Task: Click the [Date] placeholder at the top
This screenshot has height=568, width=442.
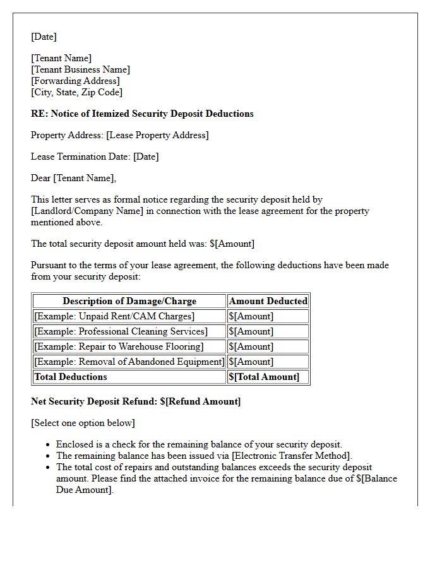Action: tap(44, 37)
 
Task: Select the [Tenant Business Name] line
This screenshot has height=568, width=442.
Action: tap(80, 69)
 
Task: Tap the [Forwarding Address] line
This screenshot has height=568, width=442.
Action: tap(75, 81)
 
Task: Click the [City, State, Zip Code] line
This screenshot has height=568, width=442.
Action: tap(76, 92)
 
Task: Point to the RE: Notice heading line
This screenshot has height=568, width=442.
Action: tap(142, 114)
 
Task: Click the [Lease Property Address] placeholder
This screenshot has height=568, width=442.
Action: tap(157, 135)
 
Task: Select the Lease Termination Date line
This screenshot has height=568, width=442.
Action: tap(95, 157)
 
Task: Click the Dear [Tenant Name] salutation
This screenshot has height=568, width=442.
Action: tap(73, 178)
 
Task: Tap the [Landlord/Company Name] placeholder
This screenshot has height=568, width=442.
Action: tap(87, 211)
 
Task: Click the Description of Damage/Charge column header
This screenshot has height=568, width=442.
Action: tap(129, 301)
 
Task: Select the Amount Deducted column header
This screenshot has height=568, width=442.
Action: tap(268, 301)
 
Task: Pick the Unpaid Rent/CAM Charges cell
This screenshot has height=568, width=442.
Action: tap(114, 316)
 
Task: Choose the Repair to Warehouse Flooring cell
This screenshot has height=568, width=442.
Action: tap(119, 346)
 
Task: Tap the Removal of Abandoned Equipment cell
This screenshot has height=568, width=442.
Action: tap(129, 362)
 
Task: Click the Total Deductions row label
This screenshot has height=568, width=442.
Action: tap(71, 377)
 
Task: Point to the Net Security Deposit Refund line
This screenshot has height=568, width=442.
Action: tap(136, 401)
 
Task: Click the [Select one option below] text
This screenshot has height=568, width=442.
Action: tap(83, 423)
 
